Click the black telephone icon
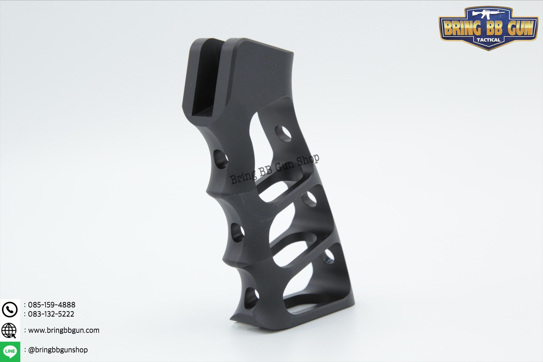(x=10, y=309)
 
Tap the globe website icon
(x=9, y=330)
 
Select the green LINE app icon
(x=10, y=351)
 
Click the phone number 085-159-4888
(x=52, y=305)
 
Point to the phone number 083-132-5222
(x=51, y=314)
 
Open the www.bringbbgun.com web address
(x=64, y=330)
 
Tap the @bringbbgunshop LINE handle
(x=58, y=350)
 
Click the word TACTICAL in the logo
(x=488, y=40)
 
